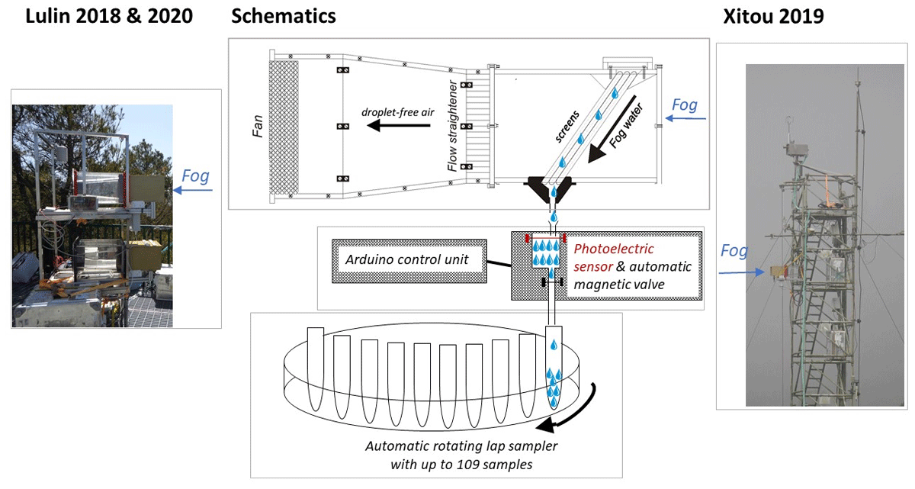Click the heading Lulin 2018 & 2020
(109, 16)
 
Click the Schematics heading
(284, 16)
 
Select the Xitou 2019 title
(773, 17)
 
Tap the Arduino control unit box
(409, 261)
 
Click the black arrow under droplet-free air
(398, 125)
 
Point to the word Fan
(258, 126)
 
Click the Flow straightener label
(452, 126)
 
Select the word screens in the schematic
(567, 126)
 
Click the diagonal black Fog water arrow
(612, 129)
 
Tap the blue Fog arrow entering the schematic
(685, 118)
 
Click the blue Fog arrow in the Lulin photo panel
(193, 190)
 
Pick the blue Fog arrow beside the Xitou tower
(741, 272)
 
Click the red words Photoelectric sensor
(613, 257)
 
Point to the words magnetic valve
(619, 285)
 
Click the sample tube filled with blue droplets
(554, 368)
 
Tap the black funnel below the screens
(550, 189)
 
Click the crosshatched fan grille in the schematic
(284, 127)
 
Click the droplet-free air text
(397, 112)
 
